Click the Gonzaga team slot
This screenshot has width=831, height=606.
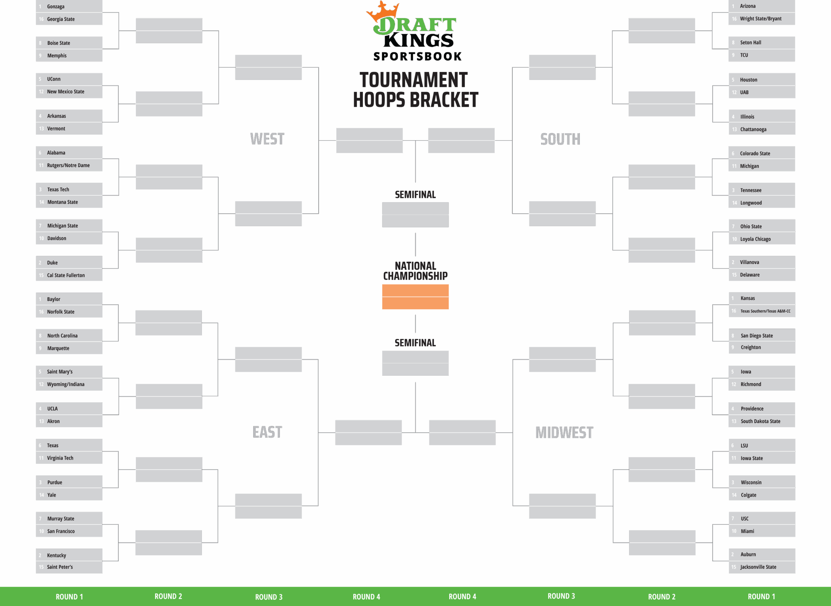69,6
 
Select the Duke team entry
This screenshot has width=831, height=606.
69,263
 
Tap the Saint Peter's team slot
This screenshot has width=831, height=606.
69,567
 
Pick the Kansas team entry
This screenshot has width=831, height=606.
762,298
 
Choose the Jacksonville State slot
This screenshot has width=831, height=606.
762,567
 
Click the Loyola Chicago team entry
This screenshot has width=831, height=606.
762,239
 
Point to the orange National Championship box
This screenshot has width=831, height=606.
415,297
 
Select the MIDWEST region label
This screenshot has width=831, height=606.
564,432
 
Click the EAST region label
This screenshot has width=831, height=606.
267,432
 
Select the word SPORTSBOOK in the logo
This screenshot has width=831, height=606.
417,56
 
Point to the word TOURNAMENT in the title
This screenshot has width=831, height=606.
414,80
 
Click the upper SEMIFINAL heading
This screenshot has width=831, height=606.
415,194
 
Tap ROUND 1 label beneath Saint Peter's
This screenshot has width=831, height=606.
69,597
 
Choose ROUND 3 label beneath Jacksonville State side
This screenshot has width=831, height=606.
561,596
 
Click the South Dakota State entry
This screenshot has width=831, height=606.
762,421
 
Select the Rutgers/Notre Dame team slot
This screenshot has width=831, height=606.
69,165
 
